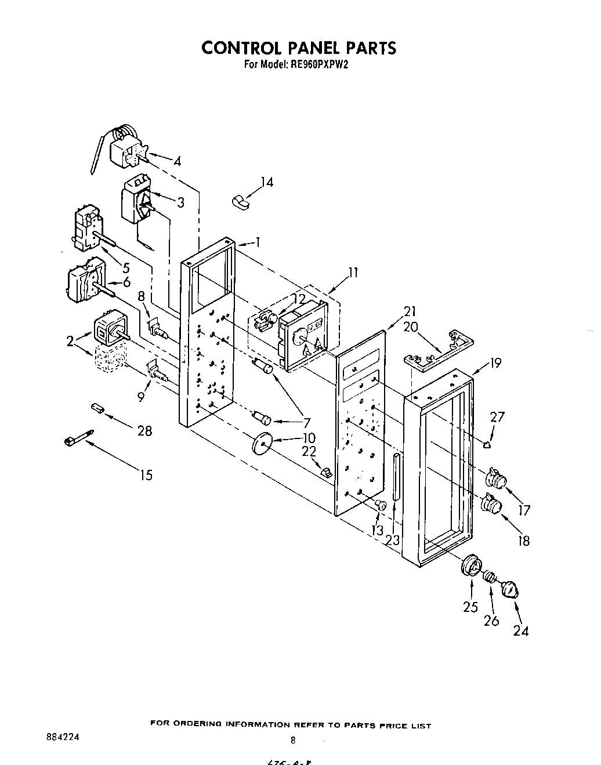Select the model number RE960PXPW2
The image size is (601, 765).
click(318, 66)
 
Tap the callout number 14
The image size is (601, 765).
click(266, 182)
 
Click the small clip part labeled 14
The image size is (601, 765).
click(238, 201)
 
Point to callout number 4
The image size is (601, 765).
click(177, 162)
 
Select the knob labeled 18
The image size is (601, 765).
click(491, 504)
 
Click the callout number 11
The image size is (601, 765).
click(353, 272)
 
